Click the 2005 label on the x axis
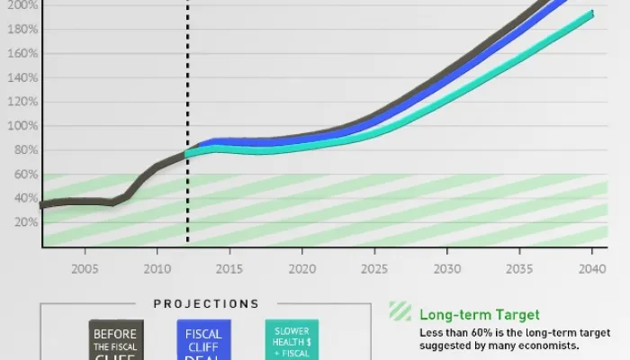tap(85, 268)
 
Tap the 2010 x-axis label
tap(157, 268)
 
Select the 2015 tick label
tap(229, 268)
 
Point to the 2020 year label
tap(301, 268)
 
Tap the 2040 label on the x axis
tap(590, 268)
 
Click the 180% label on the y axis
tap(23, 30)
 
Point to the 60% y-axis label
tap(26, 174)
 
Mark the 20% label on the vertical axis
tap(26, 222)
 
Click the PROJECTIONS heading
tap(206, 304)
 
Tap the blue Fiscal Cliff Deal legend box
tap(203, 340)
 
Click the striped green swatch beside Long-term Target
tap(400, 311)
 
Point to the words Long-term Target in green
tap(479, 315)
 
